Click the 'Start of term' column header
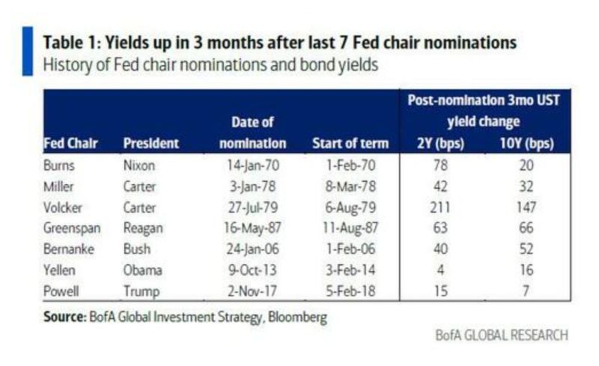350,143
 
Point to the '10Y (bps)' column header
526,143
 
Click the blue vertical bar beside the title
28,52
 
